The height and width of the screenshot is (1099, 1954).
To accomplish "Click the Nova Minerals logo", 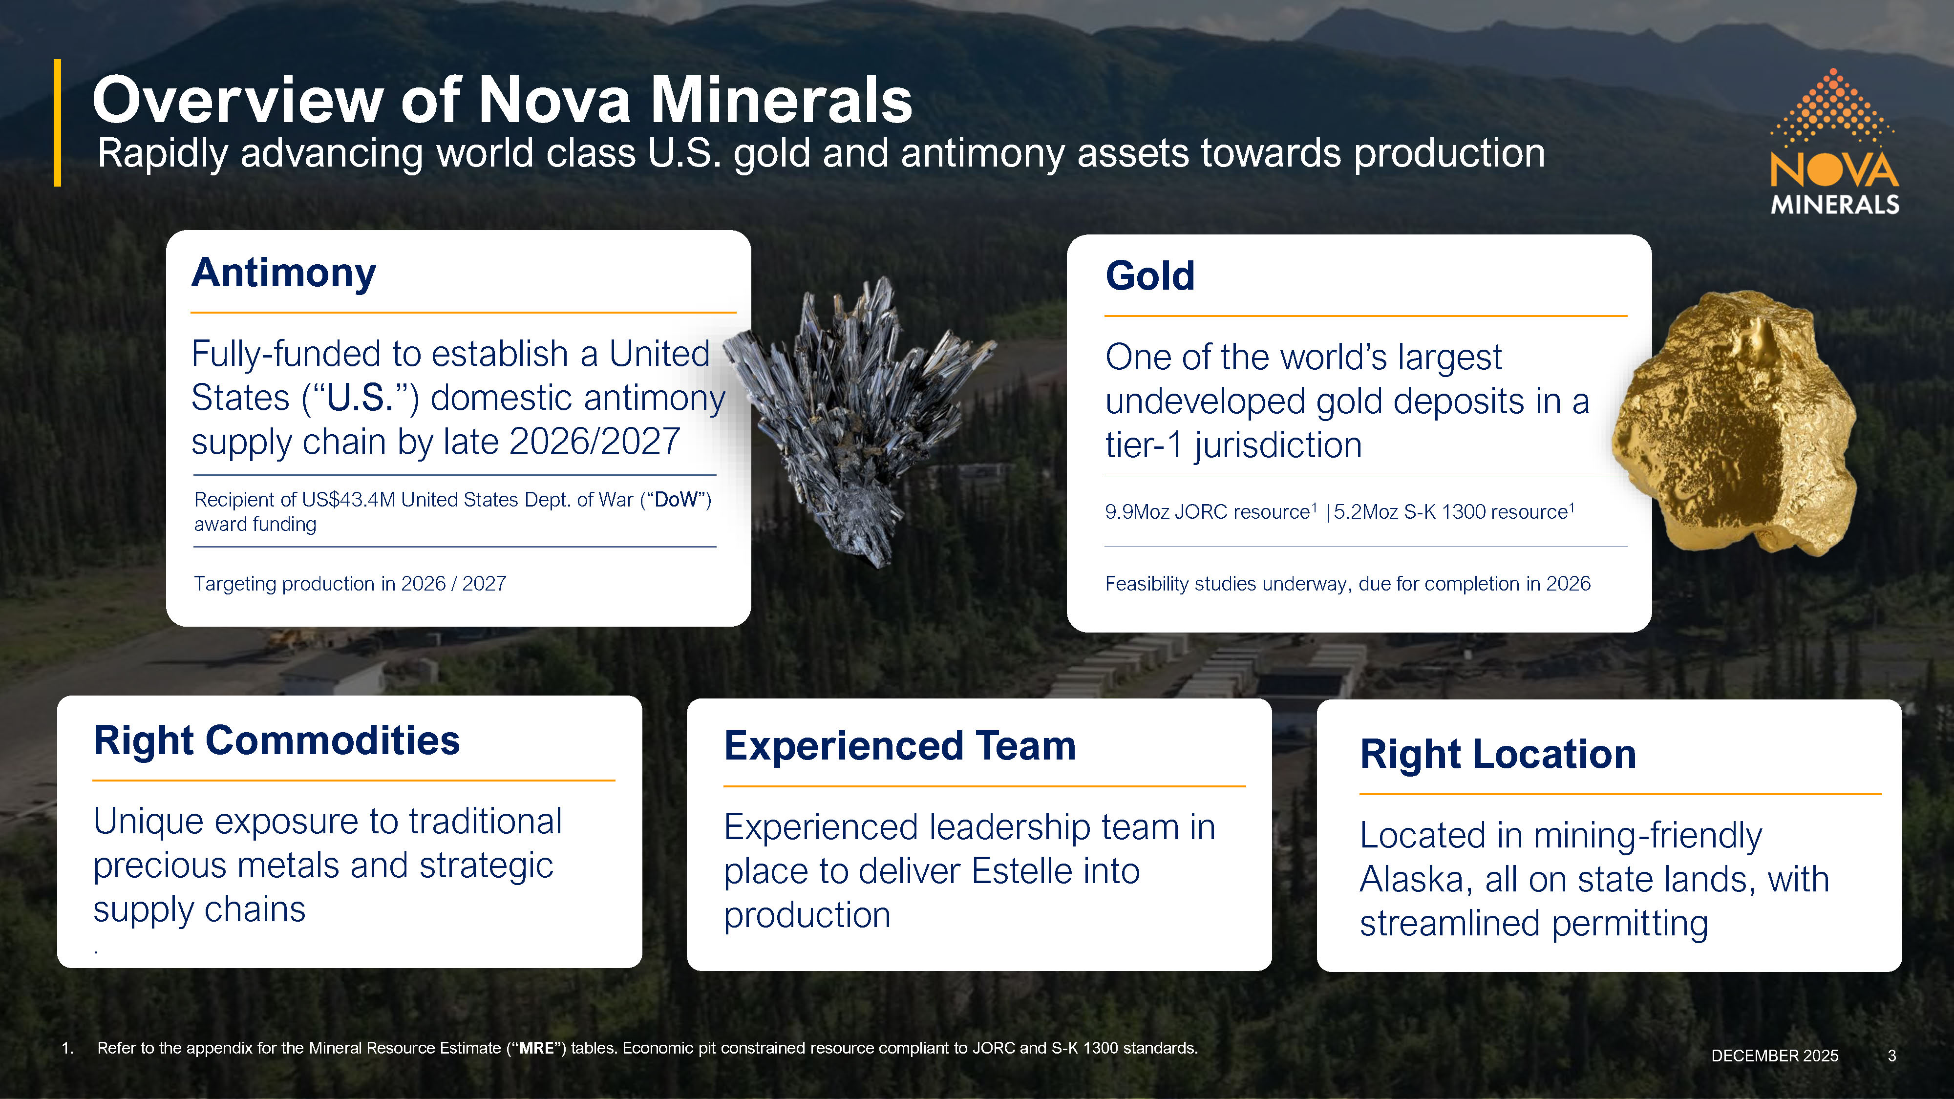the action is pyautogui.click(x=1834, y=142).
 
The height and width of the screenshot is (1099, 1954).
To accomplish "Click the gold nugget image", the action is pyautogui.click(x=1735, y=423).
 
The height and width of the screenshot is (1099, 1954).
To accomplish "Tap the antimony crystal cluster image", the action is pyautogui.click(x=857, y=421).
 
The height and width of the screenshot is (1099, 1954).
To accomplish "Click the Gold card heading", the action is pyautogui.click(x=1150, y=275).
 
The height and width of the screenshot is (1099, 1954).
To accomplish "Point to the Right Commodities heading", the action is pyautogui.click(x=277, y=740).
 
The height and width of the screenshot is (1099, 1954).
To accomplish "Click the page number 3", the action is pyautogui.click(x=1892, y=1056).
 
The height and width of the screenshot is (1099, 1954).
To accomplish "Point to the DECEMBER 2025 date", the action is pyautogui.click(x=1775, y=1056).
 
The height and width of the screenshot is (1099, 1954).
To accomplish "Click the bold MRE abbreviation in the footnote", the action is pyautogui.click(x=536, y=1048).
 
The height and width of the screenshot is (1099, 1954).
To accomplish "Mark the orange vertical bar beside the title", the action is pyautogui.click(x=57, y=123).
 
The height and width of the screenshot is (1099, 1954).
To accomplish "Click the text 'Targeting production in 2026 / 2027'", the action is pyautogui.click(x=350, y=584).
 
